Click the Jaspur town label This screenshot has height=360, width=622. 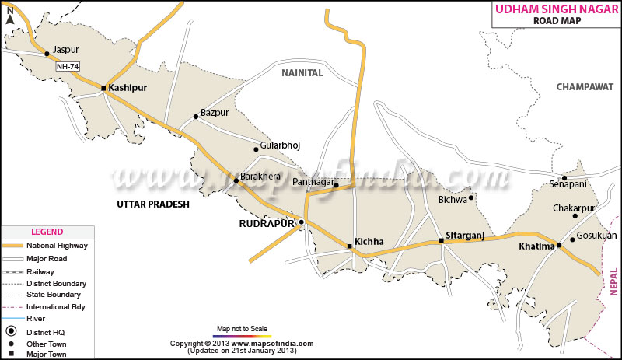tap(66, 50)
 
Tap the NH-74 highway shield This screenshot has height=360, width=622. tap(68, 67)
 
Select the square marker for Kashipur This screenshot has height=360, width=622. tap(103, 89)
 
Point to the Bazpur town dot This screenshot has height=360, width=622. tap(196, 117)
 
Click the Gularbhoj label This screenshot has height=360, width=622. tap(281, 145)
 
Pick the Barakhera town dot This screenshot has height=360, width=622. tap(236, 180)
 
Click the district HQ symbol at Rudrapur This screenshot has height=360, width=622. tap(302, 222)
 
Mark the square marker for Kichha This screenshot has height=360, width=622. tap(349, 247)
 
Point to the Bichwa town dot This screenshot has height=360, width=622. tap(470, 197)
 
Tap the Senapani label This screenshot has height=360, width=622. tap(569, 184)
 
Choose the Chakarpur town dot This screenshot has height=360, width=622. tap(575, 215)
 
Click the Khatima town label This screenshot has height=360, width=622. tap(536, 246)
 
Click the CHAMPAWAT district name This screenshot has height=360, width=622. tap(584, 87)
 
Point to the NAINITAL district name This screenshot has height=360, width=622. tap(302, 72)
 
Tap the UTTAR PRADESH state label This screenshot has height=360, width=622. tap(153, 204)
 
